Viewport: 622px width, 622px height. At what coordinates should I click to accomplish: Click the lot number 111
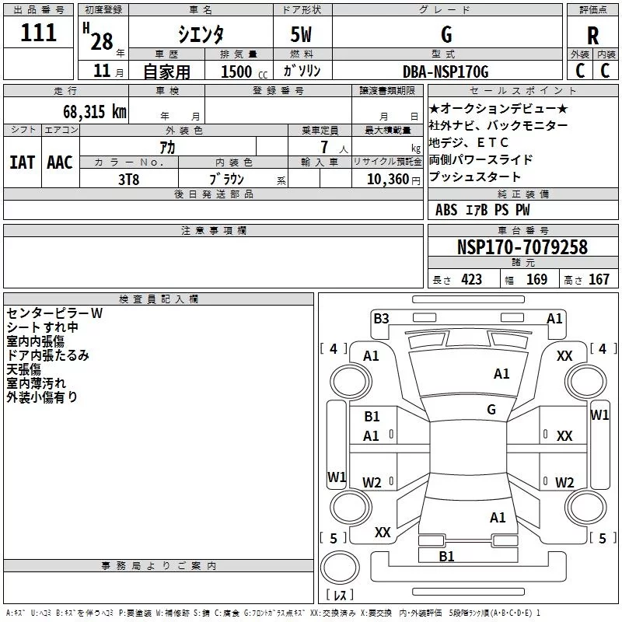click(38, 33)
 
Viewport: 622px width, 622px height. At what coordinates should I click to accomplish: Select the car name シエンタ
click(201, 34)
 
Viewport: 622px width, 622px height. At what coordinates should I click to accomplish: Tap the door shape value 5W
click(301, 34)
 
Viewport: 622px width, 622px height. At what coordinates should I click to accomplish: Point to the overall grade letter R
click(592, 36)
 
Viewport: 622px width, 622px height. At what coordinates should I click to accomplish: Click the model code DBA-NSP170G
click(446, 72)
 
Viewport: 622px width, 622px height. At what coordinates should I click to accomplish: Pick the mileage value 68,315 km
click(95, 112)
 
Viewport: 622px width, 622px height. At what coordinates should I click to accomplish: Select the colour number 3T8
click(128, 180)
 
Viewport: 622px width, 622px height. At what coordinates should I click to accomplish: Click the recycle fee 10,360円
click(393, 180)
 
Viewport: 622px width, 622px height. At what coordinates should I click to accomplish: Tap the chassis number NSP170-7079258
click(522, 246)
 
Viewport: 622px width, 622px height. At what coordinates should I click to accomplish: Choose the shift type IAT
click(23, 162)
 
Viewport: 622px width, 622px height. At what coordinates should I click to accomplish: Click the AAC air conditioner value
click(60, 162)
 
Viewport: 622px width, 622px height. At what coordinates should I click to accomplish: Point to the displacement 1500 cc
click(244, 72)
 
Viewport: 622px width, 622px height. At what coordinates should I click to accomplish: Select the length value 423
click(472, 279)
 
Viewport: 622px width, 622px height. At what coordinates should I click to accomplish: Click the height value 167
click(599, 279)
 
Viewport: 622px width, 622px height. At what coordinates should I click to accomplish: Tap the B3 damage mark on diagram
click(381, 319)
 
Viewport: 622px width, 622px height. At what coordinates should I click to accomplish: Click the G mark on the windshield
click(491, 409)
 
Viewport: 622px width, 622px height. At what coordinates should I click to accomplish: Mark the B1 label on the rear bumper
click(446, 557)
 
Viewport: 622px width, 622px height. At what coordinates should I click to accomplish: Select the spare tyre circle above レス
click(340, 568)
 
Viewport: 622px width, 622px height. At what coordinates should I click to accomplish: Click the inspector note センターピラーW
click(54, 313)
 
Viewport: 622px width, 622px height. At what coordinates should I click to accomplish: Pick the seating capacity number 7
click(324, 147)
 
